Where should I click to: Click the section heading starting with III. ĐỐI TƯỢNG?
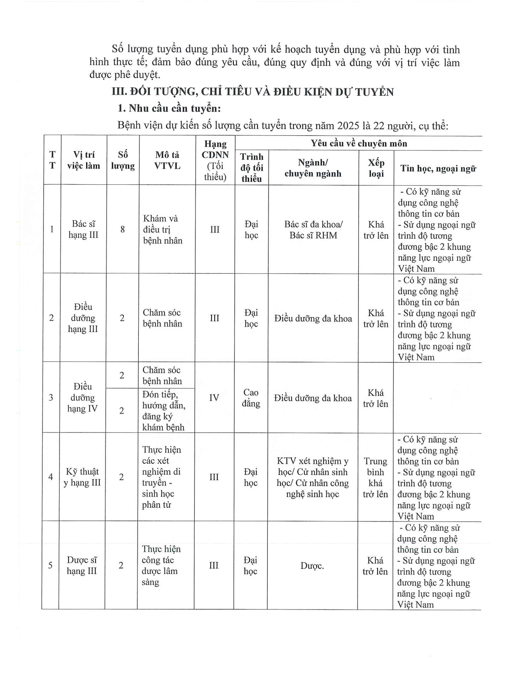[253, 92]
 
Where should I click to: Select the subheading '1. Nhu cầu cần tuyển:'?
[169, 108]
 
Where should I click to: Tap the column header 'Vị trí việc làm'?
[84, 160]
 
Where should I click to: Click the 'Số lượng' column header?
[123, 160]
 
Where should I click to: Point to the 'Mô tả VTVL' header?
[167, 160]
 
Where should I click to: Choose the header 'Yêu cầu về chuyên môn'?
[359, 143]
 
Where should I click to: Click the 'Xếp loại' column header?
[376, 168]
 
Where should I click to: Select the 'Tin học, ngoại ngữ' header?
[438, 168]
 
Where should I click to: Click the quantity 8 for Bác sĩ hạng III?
[123, 229]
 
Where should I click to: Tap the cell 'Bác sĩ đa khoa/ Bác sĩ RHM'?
[313, 230]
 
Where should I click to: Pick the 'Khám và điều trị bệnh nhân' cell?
[163, 229]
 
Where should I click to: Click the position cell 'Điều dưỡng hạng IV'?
[82, 397]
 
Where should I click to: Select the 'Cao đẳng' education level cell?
[251, 398]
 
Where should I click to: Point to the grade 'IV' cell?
[214, 398]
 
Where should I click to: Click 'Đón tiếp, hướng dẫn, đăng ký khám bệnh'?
[164, 411]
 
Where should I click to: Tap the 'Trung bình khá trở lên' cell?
[375, 477]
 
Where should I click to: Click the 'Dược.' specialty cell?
[312, 566]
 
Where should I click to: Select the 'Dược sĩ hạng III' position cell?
[82, 566]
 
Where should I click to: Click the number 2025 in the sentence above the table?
[348, 126]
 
